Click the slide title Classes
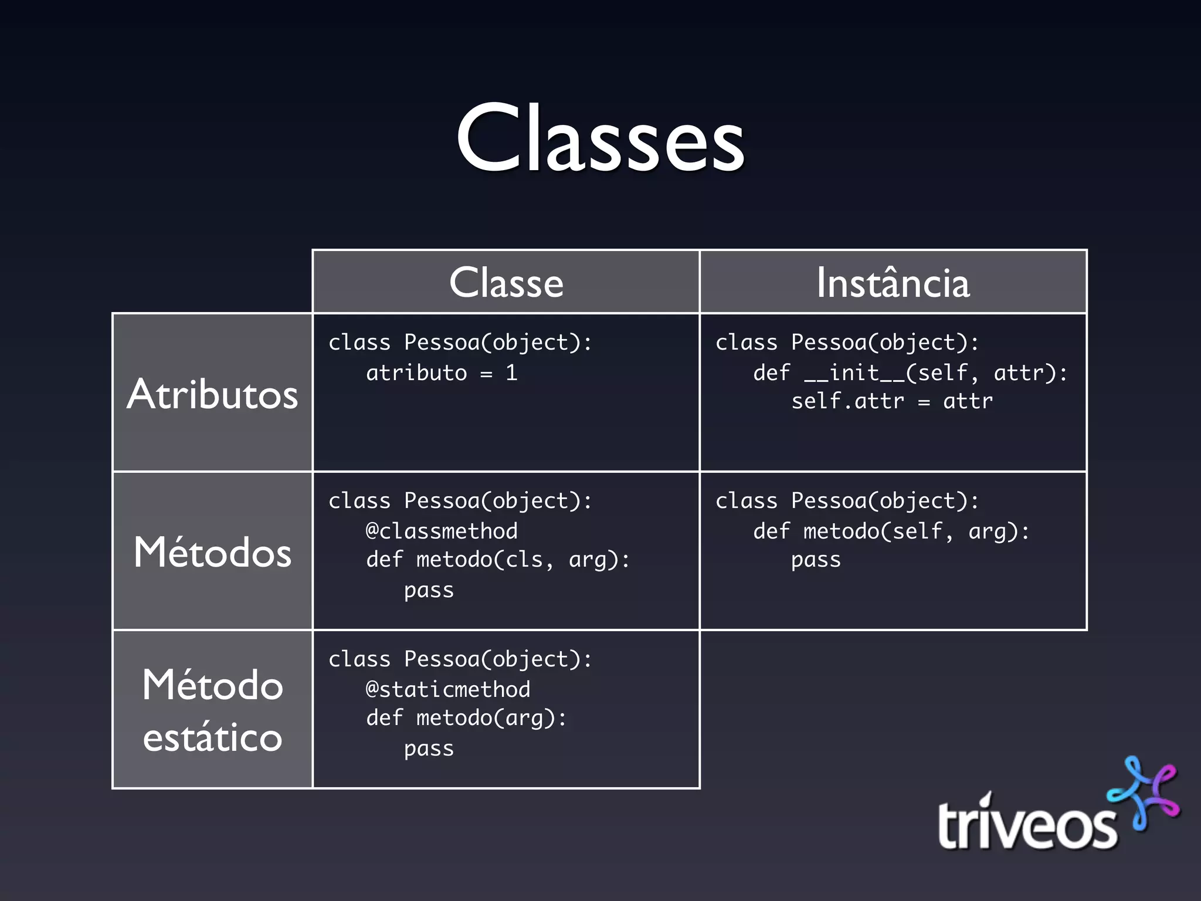tap(600, 140)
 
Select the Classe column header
tap(506, 283)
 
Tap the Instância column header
tap(893, 283)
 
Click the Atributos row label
tap(212, 394)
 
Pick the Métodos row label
tap(212, 552)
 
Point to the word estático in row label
tap(212, 737)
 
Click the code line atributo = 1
tap(442, 373)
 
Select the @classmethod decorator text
tap(442, 531)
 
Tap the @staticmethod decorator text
tap(448, 689)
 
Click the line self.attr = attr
tap(892, 401)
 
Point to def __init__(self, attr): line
tap(910, 373)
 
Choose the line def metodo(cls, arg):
tap(498, 560)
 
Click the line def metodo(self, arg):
tap(891, 531)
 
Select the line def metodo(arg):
tap(466, 718)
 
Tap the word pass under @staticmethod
tap(429, 749)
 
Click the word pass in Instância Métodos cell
tap(816, 560)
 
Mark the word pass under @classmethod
tap(429, 591)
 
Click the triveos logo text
tap(1026, 824)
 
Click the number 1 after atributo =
tap(511, 373)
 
